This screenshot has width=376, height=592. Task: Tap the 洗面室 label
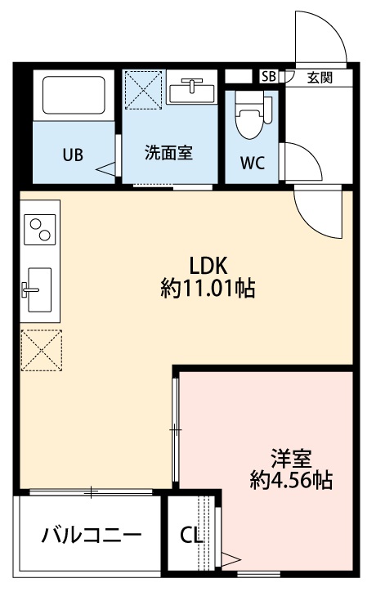pyautogui.click(x=168, y=153)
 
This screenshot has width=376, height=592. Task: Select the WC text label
pyautogui.click(x=253, y=161)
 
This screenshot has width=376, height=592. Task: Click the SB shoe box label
pyautogui.click(x=268, y=77)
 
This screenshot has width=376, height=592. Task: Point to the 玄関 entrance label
pyautogui.click(x=320, y=78)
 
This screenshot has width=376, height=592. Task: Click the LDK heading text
pyautogui.click(x=208, y=266)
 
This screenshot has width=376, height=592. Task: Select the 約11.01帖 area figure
pyautogui.click(x=208, y=288)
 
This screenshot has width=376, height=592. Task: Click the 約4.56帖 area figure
pyautogui.click(x=291, y=480)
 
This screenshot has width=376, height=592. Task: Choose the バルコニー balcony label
pyautogui.click(x=92, y=536)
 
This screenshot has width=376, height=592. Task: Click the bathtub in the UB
pyautogui.click(x=74, y=96)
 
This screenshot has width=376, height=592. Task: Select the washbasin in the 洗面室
pyautogui.click(x=193, y=89)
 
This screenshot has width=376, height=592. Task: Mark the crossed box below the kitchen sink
pyautogui.click(x=42, y=351)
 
